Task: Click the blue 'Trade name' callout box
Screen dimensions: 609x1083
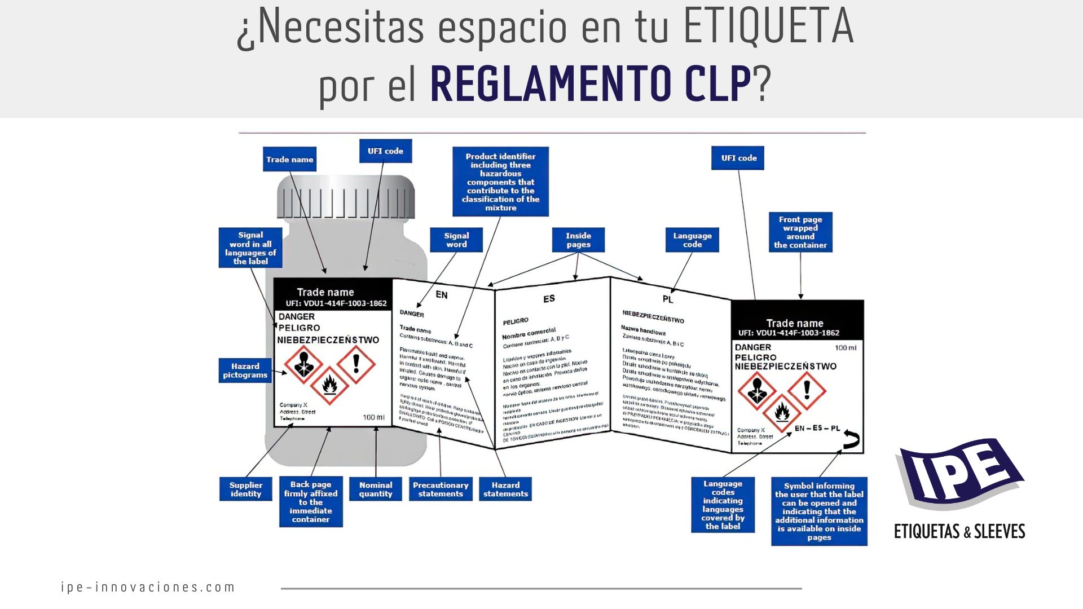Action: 289,160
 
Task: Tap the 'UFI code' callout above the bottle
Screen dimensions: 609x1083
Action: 385,151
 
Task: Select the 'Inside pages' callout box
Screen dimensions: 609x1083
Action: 578,240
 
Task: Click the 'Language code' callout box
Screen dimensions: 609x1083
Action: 692,240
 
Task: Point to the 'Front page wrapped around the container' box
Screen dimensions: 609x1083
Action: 800,232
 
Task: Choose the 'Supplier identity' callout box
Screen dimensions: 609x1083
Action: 245,489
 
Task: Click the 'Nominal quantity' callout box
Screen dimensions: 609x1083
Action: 376,489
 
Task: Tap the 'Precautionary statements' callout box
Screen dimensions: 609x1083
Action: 441,489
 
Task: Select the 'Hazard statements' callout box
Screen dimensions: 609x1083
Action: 505,489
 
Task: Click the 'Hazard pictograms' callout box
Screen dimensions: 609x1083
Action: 245,370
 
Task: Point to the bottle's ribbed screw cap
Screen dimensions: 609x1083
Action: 345,197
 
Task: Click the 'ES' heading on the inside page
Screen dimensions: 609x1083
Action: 549,299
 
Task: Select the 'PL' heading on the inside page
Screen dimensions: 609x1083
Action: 668,299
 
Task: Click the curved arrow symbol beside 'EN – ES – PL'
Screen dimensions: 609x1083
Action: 851,439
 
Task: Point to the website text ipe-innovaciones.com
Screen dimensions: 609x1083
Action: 148,587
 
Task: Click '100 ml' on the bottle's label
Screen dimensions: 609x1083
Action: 373,417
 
